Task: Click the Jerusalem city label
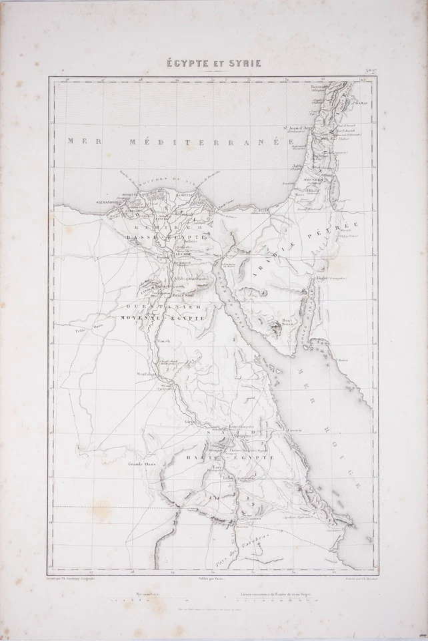(314, 180)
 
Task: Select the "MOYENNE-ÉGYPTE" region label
(161, 318)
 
